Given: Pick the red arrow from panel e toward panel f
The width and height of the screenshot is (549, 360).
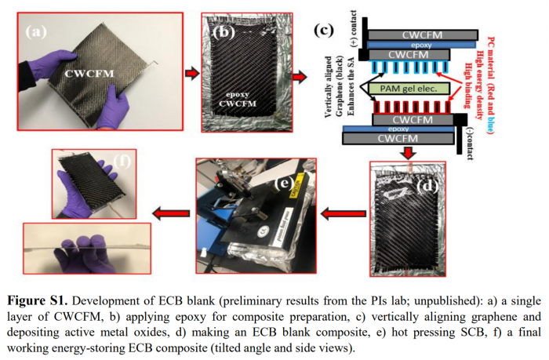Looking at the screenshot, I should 169,213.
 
